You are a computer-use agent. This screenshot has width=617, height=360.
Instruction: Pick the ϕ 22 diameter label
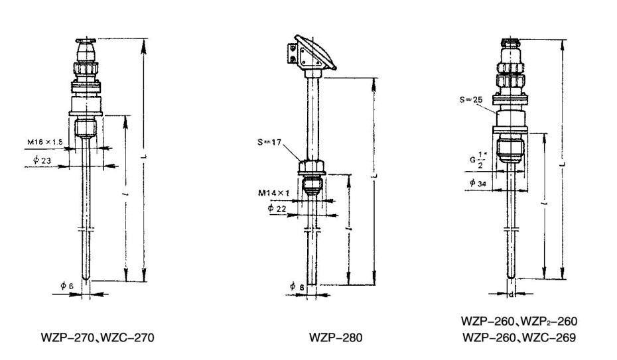pos(279,208)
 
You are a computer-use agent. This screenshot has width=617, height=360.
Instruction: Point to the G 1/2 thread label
pos(474,162)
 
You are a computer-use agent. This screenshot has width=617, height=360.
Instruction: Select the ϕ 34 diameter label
pos(476,183)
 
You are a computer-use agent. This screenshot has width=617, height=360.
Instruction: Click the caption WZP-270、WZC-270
pos(98,337)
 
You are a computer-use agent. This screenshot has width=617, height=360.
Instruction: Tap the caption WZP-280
pos(336,337)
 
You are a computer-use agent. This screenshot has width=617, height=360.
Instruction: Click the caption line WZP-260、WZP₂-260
pos(519,321)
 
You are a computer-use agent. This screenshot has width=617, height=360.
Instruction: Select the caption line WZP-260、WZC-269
pos(519,337)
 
